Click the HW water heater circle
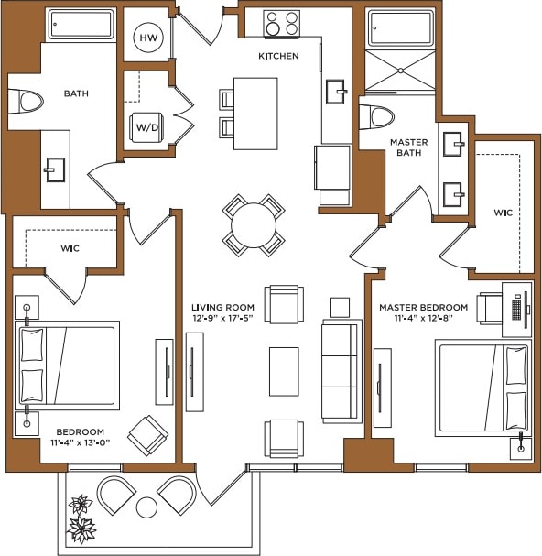point(147,38)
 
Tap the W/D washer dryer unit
point(147,126)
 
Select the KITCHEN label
point(278,56)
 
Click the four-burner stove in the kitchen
point(281,23)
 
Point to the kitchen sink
point(336,90)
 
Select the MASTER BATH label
point(409,148)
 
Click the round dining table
point(254,224)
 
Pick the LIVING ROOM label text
point(222,307)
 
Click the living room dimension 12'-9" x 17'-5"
point(222,318)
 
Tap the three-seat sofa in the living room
point(341,371)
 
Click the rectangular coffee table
point(284,371)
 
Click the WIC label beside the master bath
point(503,213)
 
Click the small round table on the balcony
point(146,507)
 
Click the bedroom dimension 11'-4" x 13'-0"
point(81,443)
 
